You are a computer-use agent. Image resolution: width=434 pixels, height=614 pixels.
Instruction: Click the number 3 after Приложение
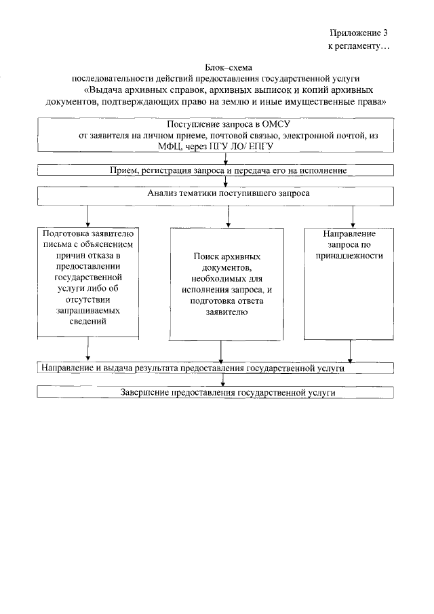[x=385, y=33]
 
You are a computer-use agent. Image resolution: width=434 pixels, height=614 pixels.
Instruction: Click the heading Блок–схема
[x=229, y=67]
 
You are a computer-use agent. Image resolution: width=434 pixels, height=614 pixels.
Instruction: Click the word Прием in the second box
[x=123, y=171]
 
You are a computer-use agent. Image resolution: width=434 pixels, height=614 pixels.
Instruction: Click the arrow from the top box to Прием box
[x=226, y=158]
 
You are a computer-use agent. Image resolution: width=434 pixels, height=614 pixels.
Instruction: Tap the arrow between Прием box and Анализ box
[x=226, y=181]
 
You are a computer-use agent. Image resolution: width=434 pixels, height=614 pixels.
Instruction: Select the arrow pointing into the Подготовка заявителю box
[x=87, y=216]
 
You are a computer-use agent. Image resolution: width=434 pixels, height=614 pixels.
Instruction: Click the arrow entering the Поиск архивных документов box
[x=228, y=216]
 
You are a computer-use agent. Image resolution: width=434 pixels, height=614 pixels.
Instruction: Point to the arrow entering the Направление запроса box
[x=353, y=216]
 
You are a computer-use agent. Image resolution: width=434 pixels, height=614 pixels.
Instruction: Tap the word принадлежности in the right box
[x=349, y=256]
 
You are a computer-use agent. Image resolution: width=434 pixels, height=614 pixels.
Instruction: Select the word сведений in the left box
[x=87, y=322]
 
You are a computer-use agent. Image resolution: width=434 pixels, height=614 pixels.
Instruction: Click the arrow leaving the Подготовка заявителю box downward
[x=88, y=349]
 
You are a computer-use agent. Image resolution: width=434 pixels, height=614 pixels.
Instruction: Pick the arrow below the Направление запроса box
[x=351, y=351]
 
